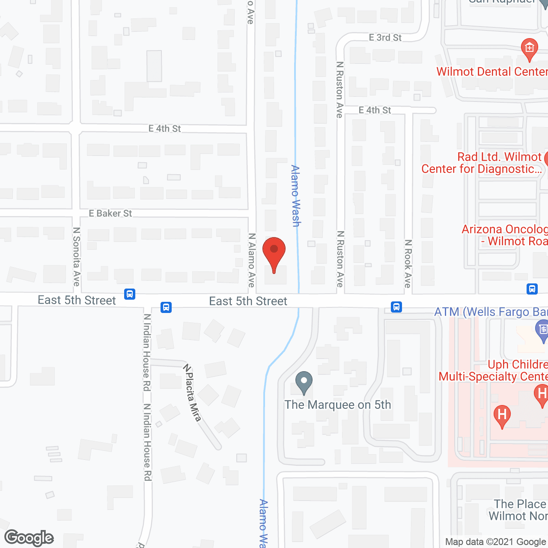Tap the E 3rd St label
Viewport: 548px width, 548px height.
pos(385,38)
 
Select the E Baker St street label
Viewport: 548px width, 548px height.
pos(110,213)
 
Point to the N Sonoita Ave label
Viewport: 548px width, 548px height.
pos(77,256)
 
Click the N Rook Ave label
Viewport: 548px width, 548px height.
pos(408,263)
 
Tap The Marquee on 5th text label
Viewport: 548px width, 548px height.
pos(338,405)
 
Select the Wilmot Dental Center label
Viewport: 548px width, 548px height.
pos(492,71)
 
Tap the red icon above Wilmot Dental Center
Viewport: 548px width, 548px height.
pos(530,49)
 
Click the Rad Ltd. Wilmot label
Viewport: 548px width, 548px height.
pos(499,157)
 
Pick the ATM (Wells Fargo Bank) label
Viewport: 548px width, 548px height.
pos(491,312)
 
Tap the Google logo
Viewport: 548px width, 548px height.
pos(29,538)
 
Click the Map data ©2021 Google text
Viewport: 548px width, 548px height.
pos(495,542)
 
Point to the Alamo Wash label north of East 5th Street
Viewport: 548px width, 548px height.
pos(295,196)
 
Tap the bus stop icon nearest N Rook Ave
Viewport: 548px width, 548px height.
pos(396,307)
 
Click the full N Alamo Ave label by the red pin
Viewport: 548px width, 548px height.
pos(252,260)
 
